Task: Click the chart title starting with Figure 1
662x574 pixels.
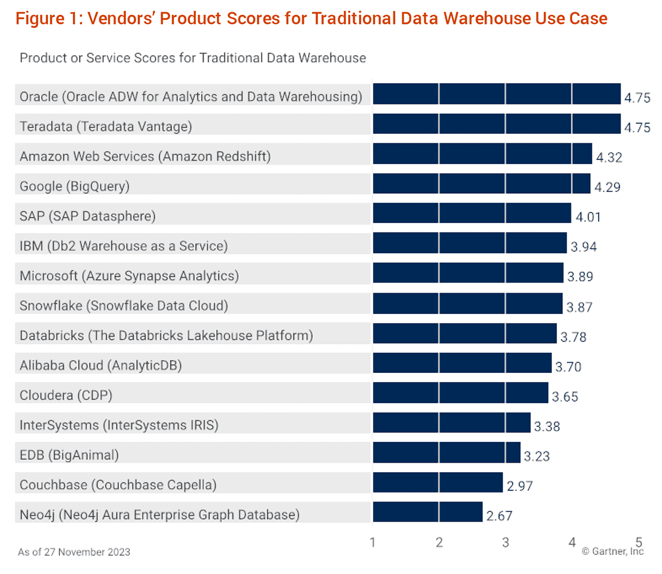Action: click(311, 18)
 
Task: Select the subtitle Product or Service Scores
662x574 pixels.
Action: click(193, 58)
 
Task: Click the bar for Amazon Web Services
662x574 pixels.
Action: click(482, 154)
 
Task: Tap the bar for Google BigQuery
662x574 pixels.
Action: click(481, 183)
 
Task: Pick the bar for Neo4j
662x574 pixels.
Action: click(428, 512)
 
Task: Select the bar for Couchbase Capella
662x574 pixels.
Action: click(437, 482)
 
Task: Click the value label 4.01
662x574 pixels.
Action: click(588, 216)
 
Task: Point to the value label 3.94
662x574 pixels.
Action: click(584, 246)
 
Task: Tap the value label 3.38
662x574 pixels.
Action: click(547, 426)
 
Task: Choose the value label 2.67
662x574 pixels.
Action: click(499, 516)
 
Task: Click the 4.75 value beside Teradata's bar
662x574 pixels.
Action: click(637, 127)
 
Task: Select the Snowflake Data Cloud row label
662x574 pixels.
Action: click(124, 306)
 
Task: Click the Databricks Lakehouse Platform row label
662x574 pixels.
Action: click(166, 335)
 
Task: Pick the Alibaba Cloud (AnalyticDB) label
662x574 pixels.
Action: click(100, 365)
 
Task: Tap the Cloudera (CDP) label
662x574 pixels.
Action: click(66, 395)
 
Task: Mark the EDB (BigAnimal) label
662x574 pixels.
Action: click(69, 455)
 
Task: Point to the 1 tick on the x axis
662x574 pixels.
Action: click(373, 543)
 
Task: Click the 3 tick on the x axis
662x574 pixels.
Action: click(505, 543)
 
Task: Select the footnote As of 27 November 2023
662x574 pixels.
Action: click(74, 552)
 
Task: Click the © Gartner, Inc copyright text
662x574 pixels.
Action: click(612, 551)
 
